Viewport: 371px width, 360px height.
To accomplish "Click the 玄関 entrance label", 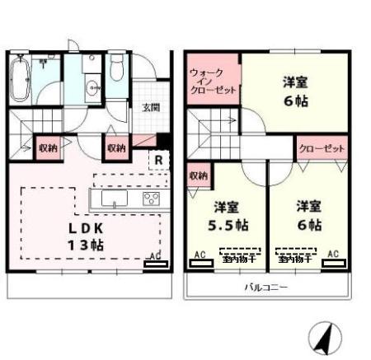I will pyautogui.click(x=150, y=107).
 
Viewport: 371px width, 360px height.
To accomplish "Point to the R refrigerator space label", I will pyautogui.click(x=157, y=161).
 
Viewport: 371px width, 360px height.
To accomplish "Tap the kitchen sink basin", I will pyautogui.click(x=111, y=199).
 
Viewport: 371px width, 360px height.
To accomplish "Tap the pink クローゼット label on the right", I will pyautogui.click(x=320, y=150).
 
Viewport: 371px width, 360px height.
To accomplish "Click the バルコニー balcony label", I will pyautogui.click(x=265, y=288).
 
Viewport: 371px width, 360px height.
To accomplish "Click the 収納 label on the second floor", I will pyautogui.click(x=198, y=175).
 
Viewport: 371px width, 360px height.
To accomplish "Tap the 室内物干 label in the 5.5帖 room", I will pyautogui.click(x=238, y=259).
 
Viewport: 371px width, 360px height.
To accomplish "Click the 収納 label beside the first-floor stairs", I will pyautogui.click(x=46, y=148).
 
